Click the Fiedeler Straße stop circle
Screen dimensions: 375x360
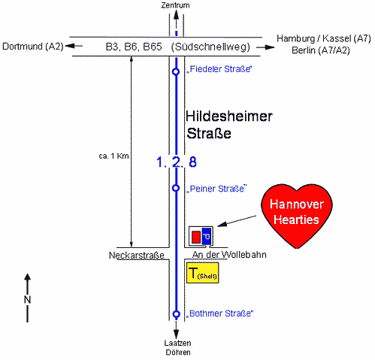(176, 71)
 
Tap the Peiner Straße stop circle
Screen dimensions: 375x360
(176, 188)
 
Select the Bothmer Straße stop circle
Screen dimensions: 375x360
(177, 314)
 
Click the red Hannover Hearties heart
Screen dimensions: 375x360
(297, 213)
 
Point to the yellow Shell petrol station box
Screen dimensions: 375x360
(203, 273)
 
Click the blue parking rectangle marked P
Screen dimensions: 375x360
(207, 236)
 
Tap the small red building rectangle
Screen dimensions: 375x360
(196, 237)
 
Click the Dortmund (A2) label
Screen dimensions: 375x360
(33, 47)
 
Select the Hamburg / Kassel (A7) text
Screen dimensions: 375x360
(324, 38)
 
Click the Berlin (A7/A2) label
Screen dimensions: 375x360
(321, 50)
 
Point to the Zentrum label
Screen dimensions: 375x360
(175, 5)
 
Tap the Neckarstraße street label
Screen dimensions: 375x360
(137, 256)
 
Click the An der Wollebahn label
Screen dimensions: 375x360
(229, 255)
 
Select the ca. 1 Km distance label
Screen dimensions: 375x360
(113, 156)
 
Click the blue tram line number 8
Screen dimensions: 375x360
(192, 162)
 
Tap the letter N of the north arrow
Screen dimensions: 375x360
(27, 300)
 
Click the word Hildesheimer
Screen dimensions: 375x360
(229, 116)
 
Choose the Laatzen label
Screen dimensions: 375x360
(177, 343)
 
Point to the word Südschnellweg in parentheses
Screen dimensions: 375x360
(210, 47)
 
